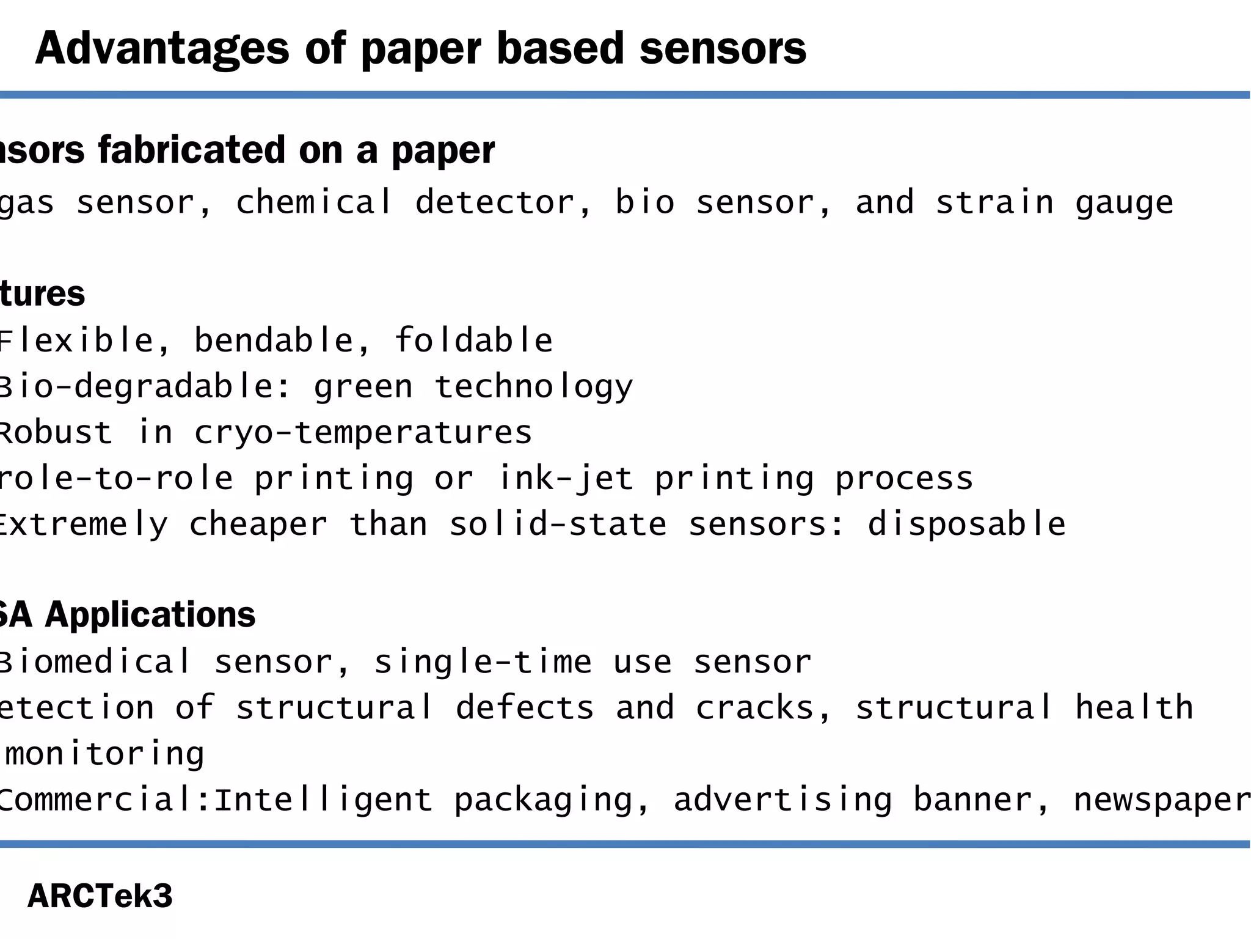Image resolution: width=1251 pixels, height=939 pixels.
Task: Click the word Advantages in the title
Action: click(x=162, y=49)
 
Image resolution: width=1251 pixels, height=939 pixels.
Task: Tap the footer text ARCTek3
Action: click(x=100, y=896)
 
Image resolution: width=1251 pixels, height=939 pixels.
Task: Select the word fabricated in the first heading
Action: click(x=192, y=150)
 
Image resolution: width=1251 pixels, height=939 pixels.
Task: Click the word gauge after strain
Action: click(x=1124, y=204)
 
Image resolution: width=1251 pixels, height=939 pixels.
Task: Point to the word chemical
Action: click(x=313, y=202)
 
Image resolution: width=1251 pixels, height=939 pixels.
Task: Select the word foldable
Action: click(x=473, y=341)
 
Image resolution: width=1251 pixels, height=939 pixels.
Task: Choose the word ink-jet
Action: click(x=565, y=479)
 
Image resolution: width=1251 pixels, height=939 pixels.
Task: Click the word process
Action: click(x=904, y=479)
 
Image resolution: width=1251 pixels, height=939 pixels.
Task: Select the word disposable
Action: click(x=966, y=525)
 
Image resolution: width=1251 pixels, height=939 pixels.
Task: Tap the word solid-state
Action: click(x=558, y=525)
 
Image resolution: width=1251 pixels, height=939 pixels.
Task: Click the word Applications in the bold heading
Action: click(x=150, y=614)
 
